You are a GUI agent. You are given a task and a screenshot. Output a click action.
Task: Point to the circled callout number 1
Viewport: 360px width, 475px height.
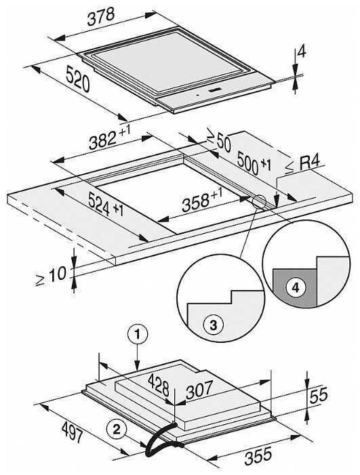pos(138,334)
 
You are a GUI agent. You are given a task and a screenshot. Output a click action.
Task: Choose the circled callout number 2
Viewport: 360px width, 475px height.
pos(117,428)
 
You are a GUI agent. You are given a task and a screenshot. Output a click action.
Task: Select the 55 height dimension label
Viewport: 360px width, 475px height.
pos(318,396)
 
